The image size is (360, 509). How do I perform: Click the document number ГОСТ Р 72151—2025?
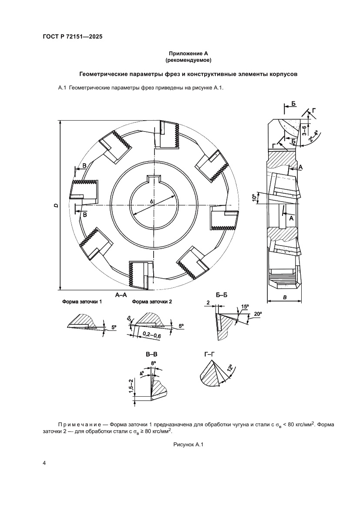(x=73, y=37)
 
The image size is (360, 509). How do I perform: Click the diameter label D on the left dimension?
(x=56, y=205)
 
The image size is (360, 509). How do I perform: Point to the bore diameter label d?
(x=151, y=202)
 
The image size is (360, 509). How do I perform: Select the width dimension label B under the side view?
(x=284, y=297)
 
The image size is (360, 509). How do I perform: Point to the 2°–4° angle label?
(x=313, y=137)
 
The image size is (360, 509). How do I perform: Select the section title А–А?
(x=121, y=294)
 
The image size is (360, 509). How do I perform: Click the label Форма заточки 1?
(x=82, y=302)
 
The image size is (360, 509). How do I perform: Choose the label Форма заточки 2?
(x=152, y=302)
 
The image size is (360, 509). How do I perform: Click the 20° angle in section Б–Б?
(x=257, y=314)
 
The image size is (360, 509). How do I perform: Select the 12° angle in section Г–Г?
(x=230, y=368)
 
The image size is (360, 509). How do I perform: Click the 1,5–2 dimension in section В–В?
(x=131, y=386)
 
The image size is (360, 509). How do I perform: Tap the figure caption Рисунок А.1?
(x=188, y=445)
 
